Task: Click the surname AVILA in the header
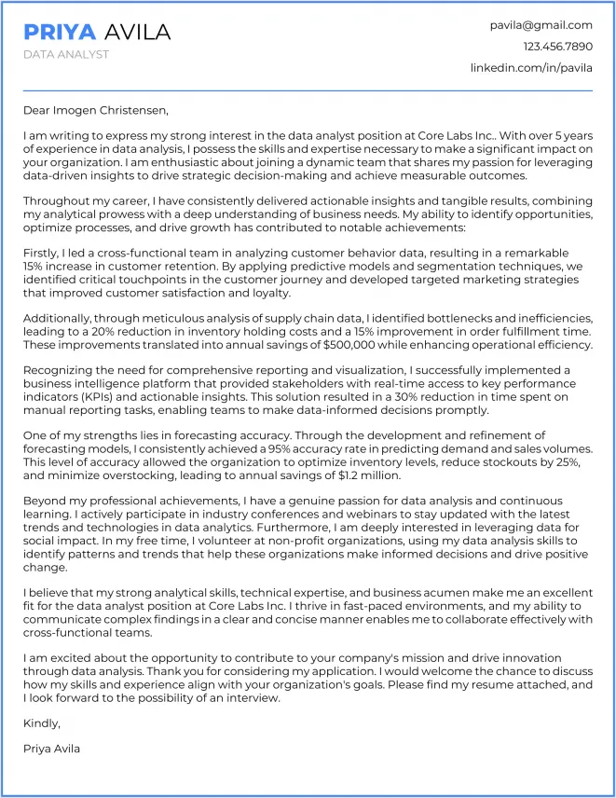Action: coord(137,32)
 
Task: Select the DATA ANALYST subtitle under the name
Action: coord(66,54)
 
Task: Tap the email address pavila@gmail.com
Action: coord(541,25)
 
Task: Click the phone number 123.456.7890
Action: coord(557,47)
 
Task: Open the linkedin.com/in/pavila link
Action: coord(531,68)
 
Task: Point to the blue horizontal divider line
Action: coord(308,90)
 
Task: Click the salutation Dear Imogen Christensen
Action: coord(96,111)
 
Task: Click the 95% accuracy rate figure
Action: coord(275,448)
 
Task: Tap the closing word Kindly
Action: coord(42,722)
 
